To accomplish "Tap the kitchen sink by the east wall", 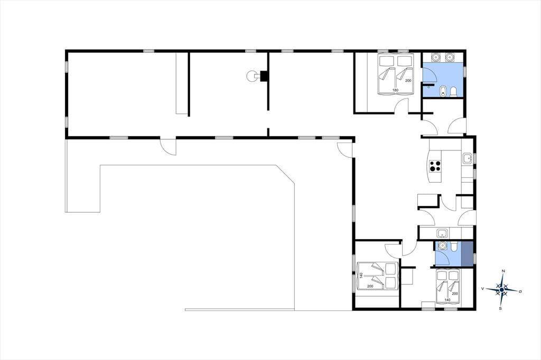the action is [x=468, y=158].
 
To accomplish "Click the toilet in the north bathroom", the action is [x=453, y=91].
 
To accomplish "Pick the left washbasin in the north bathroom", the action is [x=436, y=57].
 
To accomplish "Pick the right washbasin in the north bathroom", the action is [x=449, y=57].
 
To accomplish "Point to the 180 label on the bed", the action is [x=395, y=90].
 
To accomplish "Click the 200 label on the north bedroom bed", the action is [x=408, y=80].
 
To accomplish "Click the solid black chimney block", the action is [x=264, y=76].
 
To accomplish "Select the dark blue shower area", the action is [x=467, y=254].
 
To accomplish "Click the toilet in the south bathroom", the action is [x=454, y=246].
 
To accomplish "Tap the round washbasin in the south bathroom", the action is [x=442, y=245].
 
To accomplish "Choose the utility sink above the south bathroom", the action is [x=442, y=233].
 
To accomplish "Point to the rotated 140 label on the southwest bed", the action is [x=361, y=276].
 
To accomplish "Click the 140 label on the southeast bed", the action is [x=447, y=300].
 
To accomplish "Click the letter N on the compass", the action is [x=503, y=271].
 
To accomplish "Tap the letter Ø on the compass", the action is [x=520, y=292].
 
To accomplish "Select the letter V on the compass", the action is [x=483, y=289].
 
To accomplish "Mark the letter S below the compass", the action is [x=500, y=309].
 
